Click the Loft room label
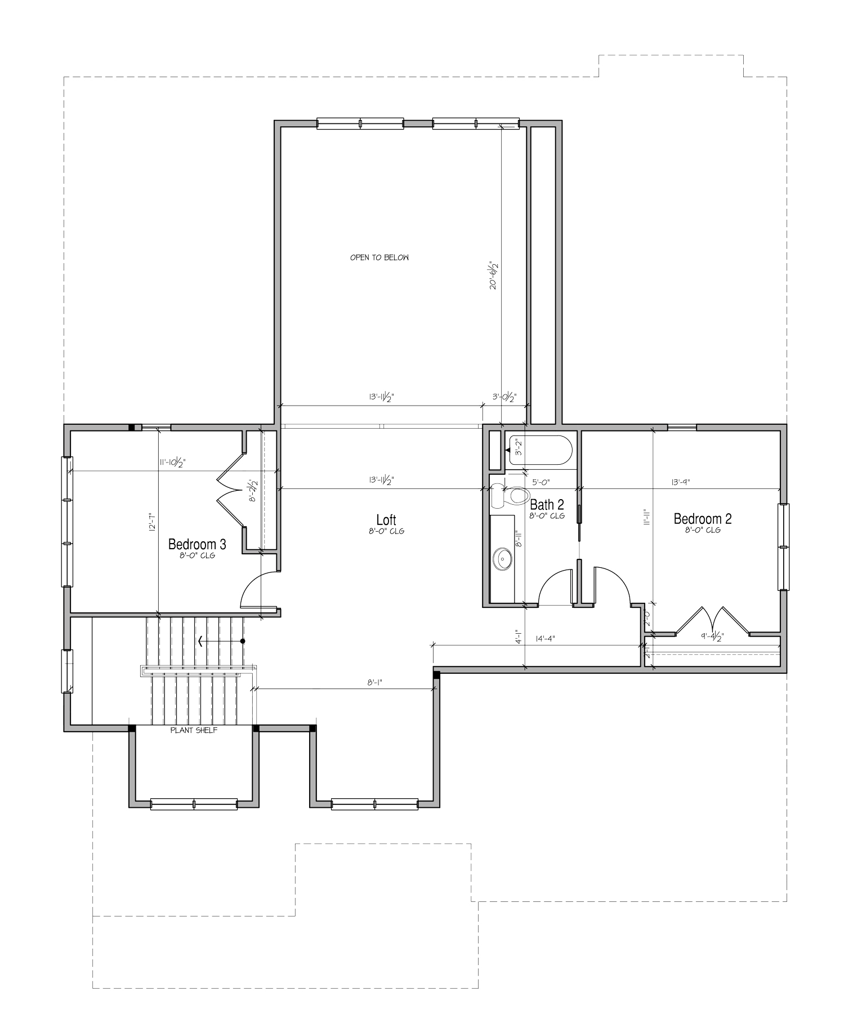click(x=386, y=520)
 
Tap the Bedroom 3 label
click(x=197, y=544)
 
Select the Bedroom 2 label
click(x=703, y=519)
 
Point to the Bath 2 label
click(x=547, y=504)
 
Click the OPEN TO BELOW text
click(x=379, y=257)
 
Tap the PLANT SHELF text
click(x=194, y=730)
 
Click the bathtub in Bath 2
click(x=541, y=450)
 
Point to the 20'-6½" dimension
click(x=494, y=274)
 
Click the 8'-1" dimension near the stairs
click(x=376, y=682)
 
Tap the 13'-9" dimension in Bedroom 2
click(x=680, y=482)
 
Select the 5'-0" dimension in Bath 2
click(x=541, y=482)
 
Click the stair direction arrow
click(x=220, y=641)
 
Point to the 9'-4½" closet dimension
click(x=712, y=637)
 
